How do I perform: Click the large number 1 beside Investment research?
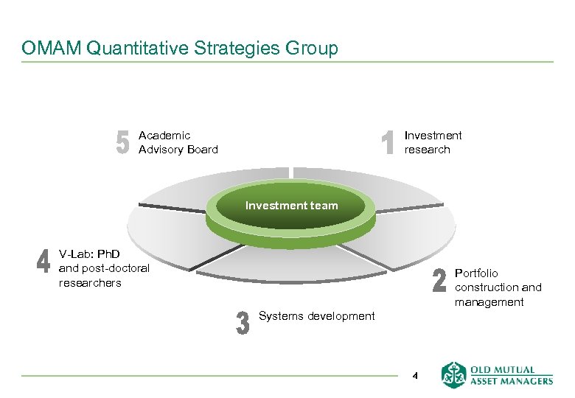[x=389, y=142]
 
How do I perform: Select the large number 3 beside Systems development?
[x=242, y=323]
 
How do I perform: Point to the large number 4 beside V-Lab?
[x=43, y=262]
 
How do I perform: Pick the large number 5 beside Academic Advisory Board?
[x=122, y=142]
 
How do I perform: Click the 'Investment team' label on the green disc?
[x=291, y=206]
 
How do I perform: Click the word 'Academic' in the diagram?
[x=164, y=136]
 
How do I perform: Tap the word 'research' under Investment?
[x=427, y=150]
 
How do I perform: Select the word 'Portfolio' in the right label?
[x=476, y=273]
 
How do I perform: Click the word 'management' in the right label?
[x=489, y=302]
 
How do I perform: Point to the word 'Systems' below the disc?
[x=279, y=316]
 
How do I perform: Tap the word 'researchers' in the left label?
[x=90, y=283]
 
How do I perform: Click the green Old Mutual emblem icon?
[x=453, y=374]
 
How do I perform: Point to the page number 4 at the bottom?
[x=415, y=376]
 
